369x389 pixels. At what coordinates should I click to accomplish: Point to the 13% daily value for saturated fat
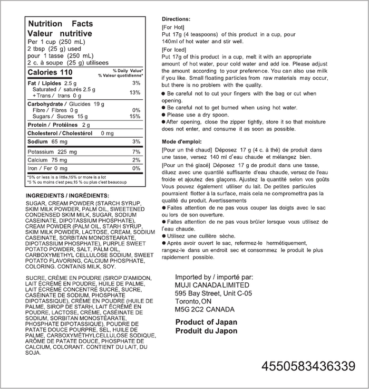135,92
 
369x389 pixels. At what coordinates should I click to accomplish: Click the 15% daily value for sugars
135,116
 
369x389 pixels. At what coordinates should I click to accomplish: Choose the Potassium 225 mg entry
52,151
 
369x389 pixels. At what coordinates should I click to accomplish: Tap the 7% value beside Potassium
137,151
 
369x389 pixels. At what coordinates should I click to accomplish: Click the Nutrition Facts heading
60,24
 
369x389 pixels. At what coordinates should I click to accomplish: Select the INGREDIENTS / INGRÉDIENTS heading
63,195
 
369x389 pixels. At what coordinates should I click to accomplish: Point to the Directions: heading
176,18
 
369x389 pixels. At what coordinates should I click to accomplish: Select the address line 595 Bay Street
213,293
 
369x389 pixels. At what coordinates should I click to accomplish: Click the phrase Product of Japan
206,322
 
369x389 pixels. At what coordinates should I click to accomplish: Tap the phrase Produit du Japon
206,331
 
